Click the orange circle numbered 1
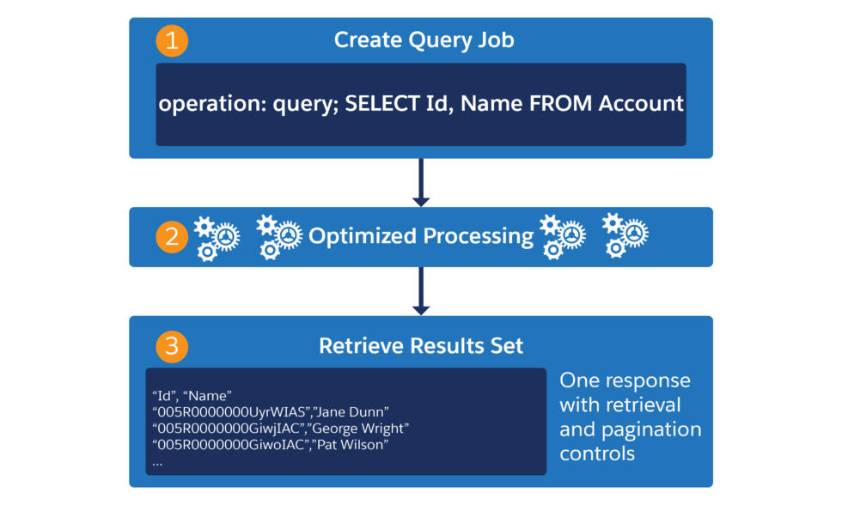171,40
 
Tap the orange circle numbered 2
171,236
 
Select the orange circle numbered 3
171,346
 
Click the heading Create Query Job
424,40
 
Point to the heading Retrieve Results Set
421,346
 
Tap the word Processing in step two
477,236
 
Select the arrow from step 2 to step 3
421,291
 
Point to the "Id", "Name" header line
192,396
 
